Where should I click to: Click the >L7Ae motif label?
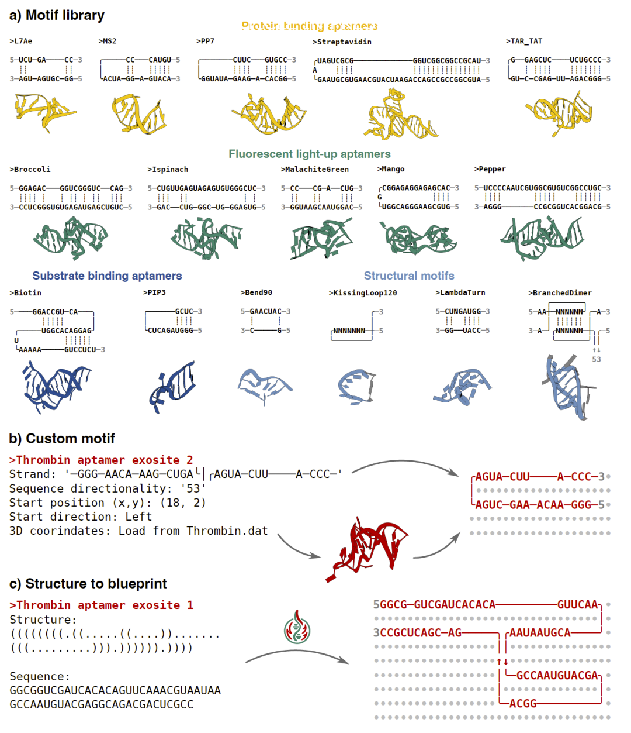[x=21, y=41]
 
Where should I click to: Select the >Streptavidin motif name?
[x=342, y=42]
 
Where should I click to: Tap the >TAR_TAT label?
[x=524, y=41]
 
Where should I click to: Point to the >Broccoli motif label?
[x=30, y=169]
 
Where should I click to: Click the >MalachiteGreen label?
[x=315, y=169]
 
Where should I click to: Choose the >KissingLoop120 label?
[x=363, y=292]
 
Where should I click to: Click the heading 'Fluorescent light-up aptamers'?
[x=310, y=154]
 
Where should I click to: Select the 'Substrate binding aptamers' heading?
[x=107, y=276]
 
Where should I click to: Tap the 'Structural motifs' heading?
[x=409, y=276]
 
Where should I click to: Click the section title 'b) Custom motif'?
[x=62, y=439]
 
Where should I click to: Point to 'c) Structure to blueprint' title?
[x=88, y=584]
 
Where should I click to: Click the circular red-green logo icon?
[x=297, y=628]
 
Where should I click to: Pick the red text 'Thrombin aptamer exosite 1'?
[x=102, y=605]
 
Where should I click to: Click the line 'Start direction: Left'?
[x=81, y=517]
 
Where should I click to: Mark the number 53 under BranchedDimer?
[x=596, y=359]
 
